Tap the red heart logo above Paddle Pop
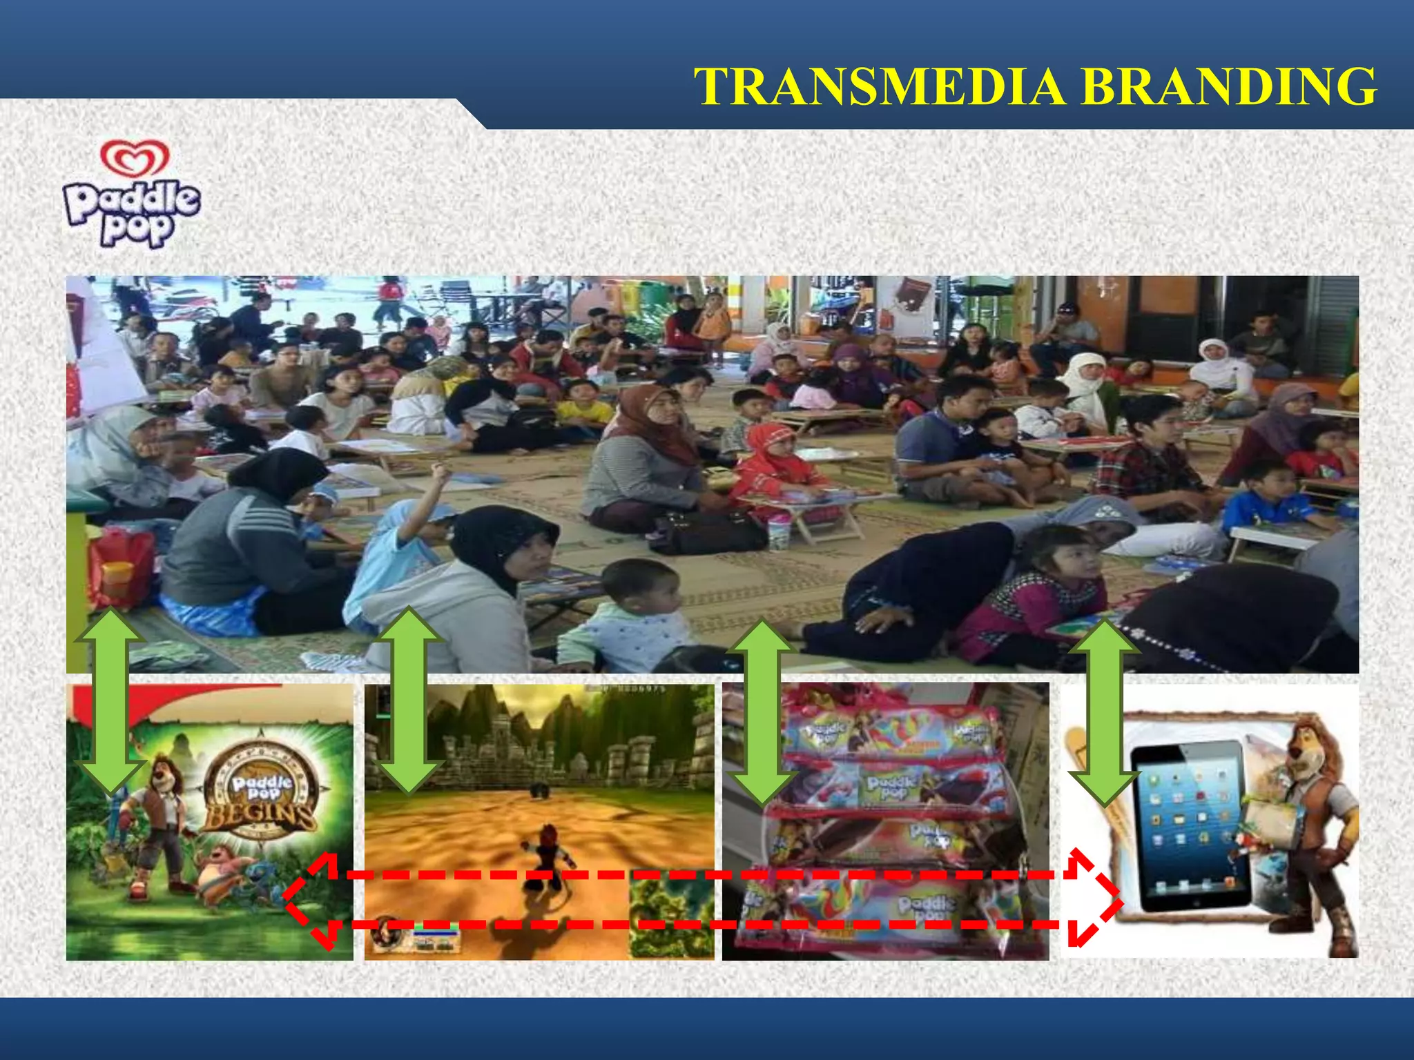135,158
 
